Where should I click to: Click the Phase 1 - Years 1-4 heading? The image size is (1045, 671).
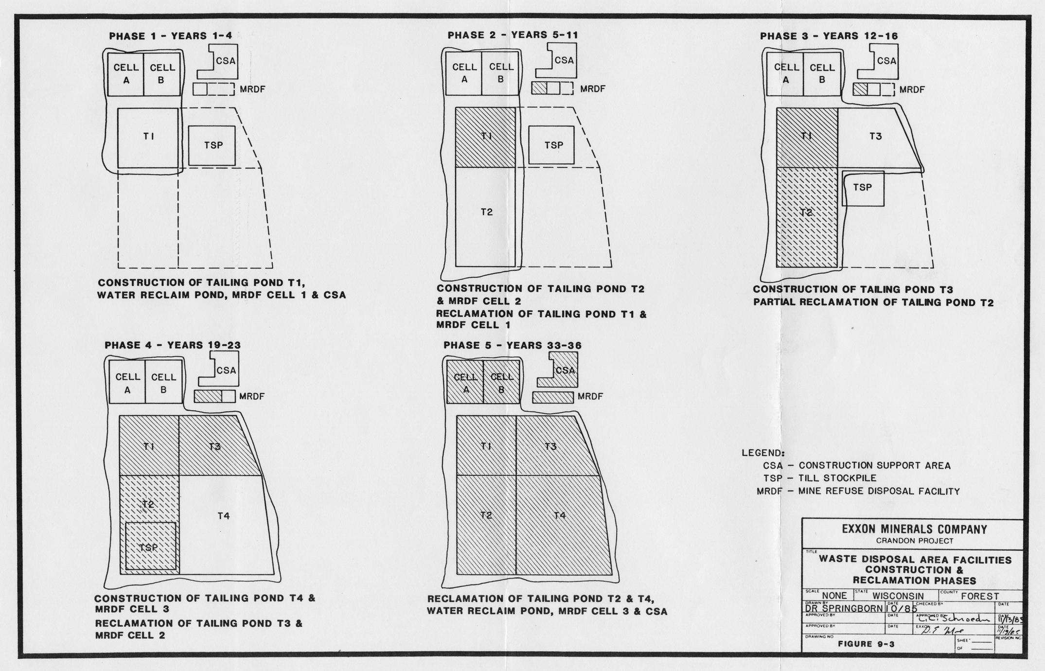(x=171, y=35)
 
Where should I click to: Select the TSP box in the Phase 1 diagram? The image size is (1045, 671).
(x=212, y=145)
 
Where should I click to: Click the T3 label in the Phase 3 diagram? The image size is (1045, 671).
(x=875, y=137)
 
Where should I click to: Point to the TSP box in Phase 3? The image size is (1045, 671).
(x=863, y=188)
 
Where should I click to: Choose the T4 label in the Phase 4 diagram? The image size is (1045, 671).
(x=223, y=516)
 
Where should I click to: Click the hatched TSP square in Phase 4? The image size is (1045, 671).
(x=150, y=546)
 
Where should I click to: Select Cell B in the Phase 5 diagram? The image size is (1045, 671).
(x=501, y=383)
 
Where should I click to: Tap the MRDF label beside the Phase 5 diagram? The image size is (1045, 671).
(x=590, y=397)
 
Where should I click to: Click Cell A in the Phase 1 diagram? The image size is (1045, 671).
(x=126, y=74)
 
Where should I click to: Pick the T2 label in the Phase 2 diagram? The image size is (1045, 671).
(x=487, y=212)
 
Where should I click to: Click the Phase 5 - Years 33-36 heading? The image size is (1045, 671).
(x=513, y=345)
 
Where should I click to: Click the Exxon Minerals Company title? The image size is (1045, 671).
(x=915, y=530)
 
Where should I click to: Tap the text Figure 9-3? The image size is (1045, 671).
(x=866, y=644)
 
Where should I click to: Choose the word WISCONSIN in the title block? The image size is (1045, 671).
(x=898, y=596)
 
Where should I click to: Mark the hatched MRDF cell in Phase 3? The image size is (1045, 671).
(x=860, y=89)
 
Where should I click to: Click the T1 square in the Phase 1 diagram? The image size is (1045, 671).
(x=148, y=138)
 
